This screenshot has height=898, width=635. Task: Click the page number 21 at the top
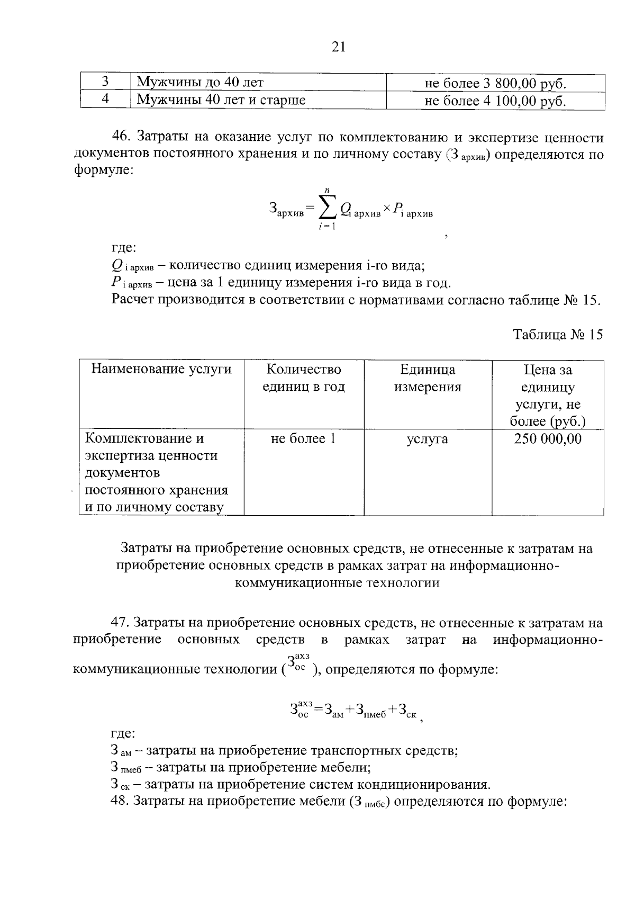(x=339, y=48)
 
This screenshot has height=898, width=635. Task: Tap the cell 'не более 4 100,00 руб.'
(x=495, y=101)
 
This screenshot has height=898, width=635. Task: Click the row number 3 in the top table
(x=105, y=82)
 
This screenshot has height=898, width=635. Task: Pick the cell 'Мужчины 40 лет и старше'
(x=221, y=100)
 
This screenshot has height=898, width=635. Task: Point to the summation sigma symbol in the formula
(x=327, y=210)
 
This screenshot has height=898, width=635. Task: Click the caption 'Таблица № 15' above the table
(x=558, y=335)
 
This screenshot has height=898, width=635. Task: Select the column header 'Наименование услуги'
(x=161, y=369)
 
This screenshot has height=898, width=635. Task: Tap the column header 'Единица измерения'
(x=428, y=378)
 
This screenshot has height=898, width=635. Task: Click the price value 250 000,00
(x=548, y=439)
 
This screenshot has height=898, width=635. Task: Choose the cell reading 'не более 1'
(x=303, y=439)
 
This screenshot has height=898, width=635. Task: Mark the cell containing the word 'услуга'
(x=427, y=439)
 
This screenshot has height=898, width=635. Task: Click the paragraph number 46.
(x=121, y=138)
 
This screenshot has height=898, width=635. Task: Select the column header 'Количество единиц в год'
(x=304, y=378)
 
